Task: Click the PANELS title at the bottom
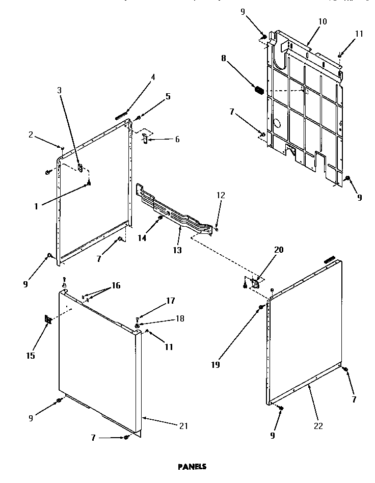pyautogui.click(x=192, y=466)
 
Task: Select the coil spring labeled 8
pyautogui.click(x=259, y=90)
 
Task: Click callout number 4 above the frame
pyautogui.click(x=152, y=77)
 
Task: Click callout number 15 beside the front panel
pyautogui.click(x=31, y=356)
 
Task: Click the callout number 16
pyautogui.click(x=116, y=285)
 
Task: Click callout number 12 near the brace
pyautogui.click(x=220, y=195)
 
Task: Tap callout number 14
pyautogui.click(x=142, y=237)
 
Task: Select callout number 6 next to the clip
pyautogui.click(x=177, y=139)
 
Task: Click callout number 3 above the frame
pyautogui.click(x=59, y=90)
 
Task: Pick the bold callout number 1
pyautogui.click(x=36, y=206)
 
